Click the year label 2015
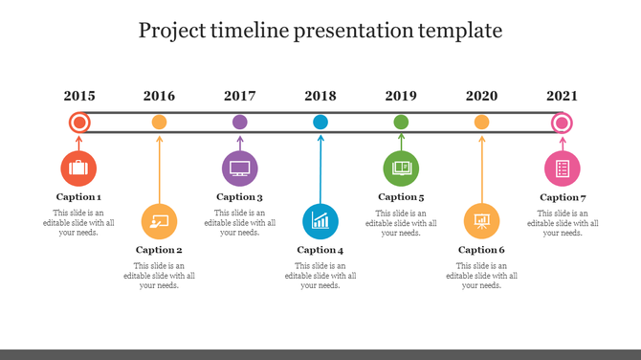pos(79,96)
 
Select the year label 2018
pos(320,96)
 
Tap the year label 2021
pos(563,96)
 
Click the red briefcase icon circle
pos(78,169)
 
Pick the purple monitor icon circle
pos(240,169)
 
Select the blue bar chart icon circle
pos(320,221)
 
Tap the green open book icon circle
pos(401,169)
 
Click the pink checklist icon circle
pos(563,169)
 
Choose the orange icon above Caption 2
pos(159,221)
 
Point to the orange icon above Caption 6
pos(481,221)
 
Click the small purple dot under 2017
pos(240,122)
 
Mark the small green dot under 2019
pos(401,122)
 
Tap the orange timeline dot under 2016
pos(160,122)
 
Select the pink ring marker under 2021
pos(563,123)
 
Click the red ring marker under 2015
pos(79,123)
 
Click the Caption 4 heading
pos(320,250)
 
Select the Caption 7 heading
pos(563,197)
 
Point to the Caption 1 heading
pos(78,197)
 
